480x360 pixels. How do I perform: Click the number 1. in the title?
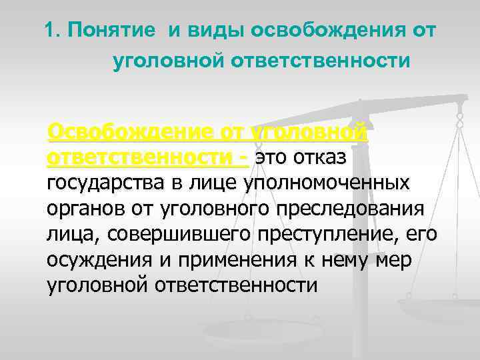[53, 31]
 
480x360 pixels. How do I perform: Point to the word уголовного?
[195, 208]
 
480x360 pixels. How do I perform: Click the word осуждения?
[91, 259]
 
